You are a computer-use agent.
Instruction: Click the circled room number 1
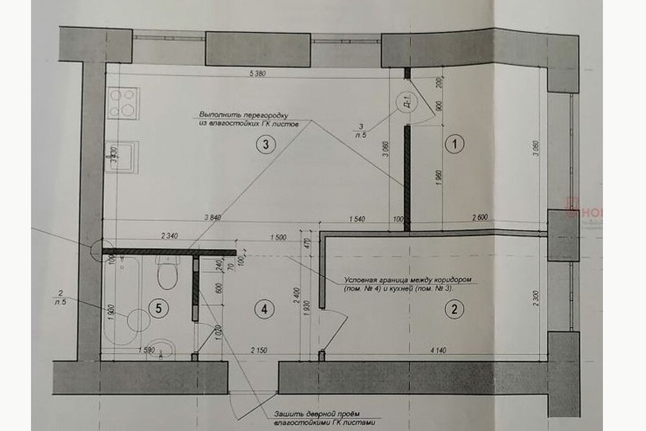[x=455, y=145]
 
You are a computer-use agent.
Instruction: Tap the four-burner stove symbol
[x=123, y=103]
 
